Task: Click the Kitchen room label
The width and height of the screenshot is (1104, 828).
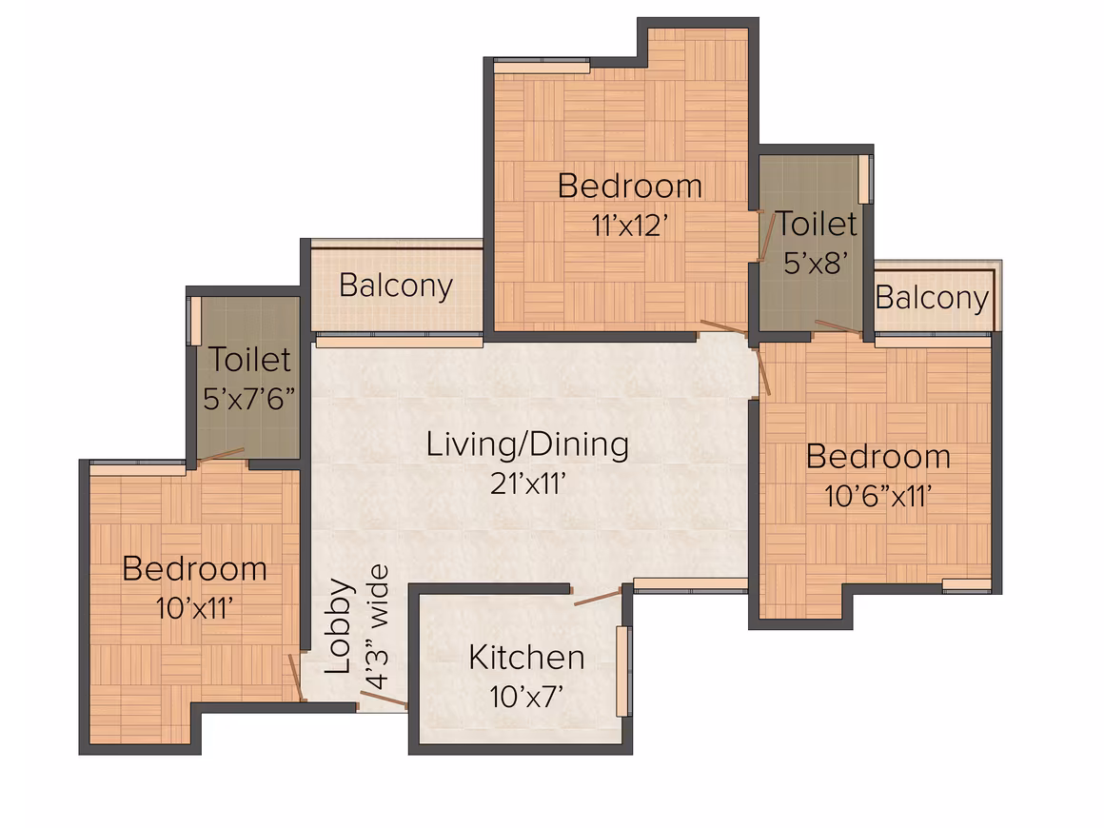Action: coord(526,658)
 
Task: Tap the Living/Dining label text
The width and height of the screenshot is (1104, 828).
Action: coord(527,445)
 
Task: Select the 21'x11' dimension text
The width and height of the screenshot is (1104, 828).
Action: coord(528,483)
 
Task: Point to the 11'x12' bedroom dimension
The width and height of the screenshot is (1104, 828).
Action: coord(629,226)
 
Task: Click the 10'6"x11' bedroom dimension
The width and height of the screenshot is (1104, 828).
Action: coord(878,496)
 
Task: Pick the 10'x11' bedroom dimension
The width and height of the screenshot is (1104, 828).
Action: coord(193,608)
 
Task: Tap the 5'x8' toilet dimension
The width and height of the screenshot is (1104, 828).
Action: coord(816,263)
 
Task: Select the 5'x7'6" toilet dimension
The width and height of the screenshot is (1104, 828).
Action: coord(248,399)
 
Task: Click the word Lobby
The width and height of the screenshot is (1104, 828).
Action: coord(339,626)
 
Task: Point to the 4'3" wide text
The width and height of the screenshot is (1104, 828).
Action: coord(377,626)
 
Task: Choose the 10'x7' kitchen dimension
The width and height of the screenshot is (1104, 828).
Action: coord(526,697)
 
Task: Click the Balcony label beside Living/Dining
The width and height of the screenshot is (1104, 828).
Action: coord(396,286)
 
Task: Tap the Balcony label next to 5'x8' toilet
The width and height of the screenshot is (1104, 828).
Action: coord(932,298)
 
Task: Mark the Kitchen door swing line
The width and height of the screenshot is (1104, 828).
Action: coord(598,597)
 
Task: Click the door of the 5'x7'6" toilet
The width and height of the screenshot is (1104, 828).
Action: coord(221,455)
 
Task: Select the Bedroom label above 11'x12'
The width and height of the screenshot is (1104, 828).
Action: coord(630,187)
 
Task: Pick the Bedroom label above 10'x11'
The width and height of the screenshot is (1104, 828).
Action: coord(194,569)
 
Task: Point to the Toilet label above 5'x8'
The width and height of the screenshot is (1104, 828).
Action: coord(816,224)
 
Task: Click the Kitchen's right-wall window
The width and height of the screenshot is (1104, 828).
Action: coord(622,671)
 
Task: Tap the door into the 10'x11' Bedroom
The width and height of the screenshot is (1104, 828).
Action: coord(297,678)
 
